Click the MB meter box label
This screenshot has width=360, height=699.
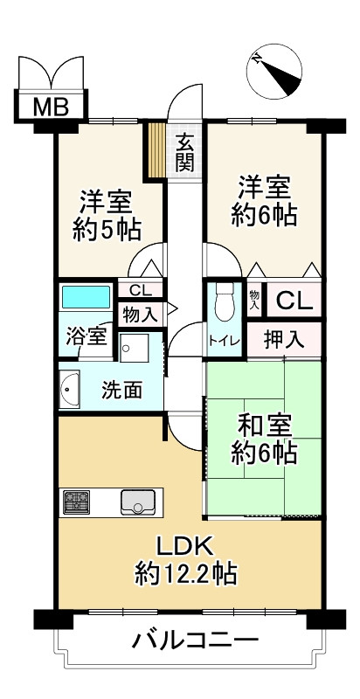click(51, 107)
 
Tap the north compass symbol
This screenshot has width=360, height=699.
click(274, 72)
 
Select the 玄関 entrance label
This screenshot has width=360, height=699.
click(184, 152)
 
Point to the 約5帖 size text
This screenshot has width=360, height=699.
click(107, 230)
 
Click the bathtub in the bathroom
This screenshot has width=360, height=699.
click(86, 297)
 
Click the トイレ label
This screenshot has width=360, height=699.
click(225, 341)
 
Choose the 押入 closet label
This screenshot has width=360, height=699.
click(284, 341)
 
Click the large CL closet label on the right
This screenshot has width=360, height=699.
click(294, 301)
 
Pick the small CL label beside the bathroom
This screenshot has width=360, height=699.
click(140, 291)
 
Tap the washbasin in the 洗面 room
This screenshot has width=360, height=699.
click(69, 389)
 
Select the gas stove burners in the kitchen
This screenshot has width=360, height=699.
click(76, 502)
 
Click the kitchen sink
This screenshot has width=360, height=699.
click(138, 502)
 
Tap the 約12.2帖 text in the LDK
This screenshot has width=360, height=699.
click(185, 575)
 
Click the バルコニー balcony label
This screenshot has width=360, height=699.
click(195, 641)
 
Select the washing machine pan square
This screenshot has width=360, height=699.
click(134, 347)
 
